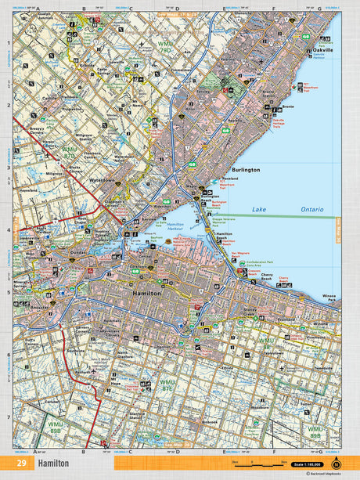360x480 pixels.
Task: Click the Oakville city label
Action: (x=322, y=49)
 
